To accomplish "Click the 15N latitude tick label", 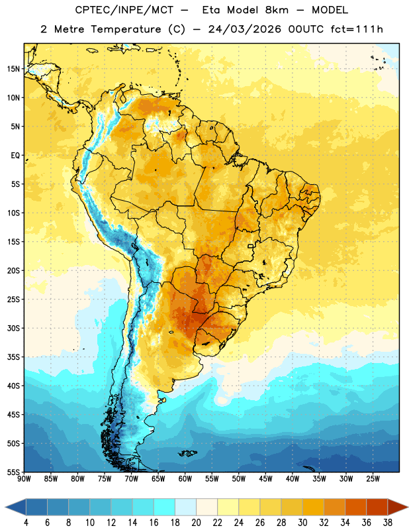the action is point(13,69).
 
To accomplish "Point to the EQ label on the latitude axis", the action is point(15,156).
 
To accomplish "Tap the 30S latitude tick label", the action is point(13,328).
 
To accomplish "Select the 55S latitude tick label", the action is point(13,472).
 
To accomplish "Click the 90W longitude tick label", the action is point(24,479).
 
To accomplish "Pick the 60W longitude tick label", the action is point(185,479).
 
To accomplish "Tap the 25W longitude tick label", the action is point(373,479).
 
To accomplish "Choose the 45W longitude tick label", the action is point(265,479).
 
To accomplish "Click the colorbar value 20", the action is point(196,523).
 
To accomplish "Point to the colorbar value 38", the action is point(387,523).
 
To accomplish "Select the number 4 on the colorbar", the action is point(26,523).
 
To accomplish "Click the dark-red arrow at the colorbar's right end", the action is point(398,507).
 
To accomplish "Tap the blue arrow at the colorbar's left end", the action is point(16,507).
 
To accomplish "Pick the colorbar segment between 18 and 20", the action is point(185,507).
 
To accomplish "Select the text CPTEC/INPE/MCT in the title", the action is point(124,11).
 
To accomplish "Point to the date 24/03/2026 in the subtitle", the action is point(244,29).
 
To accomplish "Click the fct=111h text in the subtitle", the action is point(357,29).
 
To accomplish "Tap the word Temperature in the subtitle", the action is point(126,30).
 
